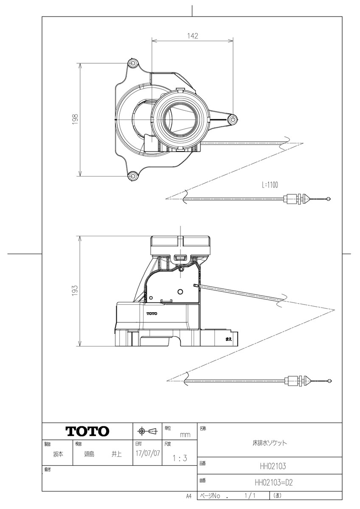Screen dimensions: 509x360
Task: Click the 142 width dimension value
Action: (193, 36)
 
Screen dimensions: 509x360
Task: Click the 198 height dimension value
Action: (75, 119)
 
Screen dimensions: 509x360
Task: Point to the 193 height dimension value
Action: (75, 291)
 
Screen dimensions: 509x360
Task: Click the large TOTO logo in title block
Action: (87, 431)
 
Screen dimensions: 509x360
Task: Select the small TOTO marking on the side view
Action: (152, 313)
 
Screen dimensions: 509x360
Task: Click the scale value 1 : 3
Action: (180, 458)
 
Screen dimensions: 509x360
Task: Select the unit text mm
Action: (185, 435)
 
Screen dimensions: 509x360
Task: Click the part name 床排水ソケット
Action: (270, 442)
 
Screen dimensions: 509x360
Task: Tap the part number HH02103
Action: (273, 466)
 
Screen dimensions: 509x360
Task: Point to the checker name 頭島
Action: (89, 454)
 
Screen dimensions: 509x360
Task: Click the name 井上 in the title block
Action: (116, 454)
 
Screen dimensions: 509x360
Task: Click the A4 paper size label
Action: (188, 495)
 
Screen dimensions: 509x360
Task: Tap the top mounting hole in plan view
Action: (133, 64)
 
